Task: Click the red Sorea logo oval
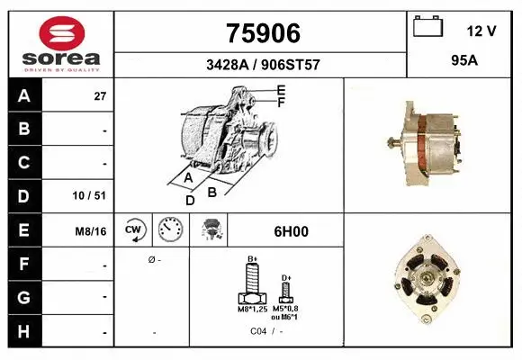pyautogui.click(x=62, y=33)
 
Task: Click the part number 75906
pyautogui.click(x=263, y=33)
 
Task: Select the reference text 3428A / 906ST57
pyautogui.click(x=263, y=65)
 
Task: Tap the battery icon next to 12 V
pyautogui.click(x=428, y=26)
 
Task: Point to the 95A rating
pyautogui.click(x=464, y=60)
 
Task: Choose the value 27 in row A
pyautogui.click(x=100, y=96)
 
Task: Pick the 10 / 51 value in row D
pyautogui.click(x=89, y=195)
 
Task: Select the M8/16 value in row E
pyautogui.click(x=91, y=230)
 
